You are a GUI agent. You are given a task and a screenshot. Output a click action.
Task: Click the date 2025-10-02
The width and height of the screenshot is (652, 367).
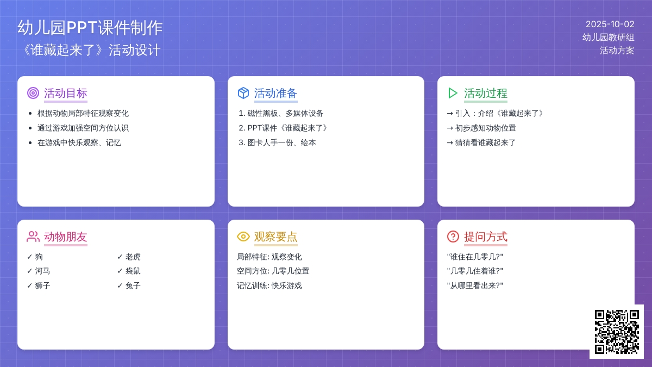pos(610,24)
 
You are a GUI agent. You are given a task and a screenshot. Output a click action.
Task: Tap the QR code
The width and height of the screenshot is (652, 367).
pos(617,332)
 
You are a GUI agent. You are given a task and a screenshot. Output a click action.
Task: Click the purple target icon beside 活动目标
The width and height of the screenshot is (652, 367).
pos(33,93)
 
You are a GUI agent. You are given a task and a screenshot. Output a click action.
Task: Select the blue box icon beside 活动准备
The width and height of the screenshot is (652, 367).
pos(243,93)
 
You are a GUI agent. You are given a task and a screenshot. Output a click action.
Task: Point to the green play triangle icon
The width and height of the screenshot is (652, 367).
pos(453,93)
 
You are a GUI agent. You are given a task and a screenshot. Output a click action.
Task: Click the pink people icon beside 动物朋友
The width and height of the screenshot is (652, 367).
pos(33,237)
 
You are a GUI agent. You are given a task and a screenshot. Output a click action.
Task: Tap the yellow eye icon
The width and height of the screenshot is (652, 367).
pos(243,237)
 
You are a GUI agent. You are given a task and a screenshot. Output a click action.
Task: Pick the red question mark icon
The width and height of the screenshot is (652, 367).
pos(453,237)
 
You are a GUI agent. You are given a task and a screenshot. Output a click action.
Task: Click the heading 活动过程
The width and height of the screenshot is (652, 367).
pos(486,93)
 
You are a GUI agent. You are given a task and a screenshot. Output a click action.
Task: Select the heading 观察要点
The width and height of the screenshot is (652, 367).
pos(275,237)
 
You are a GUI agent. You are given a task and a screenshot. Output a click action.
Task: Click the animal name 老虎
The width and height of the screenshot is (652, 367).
pos(133,257)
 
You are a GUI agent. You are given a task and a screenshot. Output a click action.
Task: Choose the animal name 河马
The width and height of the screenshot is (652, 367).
pos(42,271)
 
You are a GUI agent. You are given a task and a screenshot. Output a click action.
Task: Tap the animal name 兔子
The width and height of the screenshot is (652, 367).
pos(133,285)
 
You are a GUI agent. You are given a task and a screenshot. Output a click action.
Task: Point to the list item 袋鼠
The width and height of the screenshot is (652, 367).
pos(133,271)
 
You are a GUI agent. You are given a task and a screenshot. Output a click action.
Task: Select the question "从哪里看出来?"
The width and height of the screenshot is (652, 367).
pos(475,285)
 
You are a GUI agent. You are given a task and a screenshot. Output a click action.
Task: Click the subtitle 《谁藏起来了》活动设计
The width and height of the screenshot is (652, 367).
pos(91,50)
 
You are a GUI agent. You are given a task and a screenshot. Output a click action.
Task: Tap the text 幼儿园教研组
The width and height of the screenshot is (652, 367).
pos(609,38)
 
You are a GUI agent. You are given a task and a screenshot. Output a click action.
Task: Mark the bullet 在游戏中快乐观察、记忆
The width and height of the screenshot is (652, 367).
pos(79,142)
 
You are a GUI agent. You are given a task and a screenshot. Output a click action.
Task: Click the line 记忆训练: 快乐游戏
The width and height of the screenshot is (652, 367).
pos(269,285)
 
